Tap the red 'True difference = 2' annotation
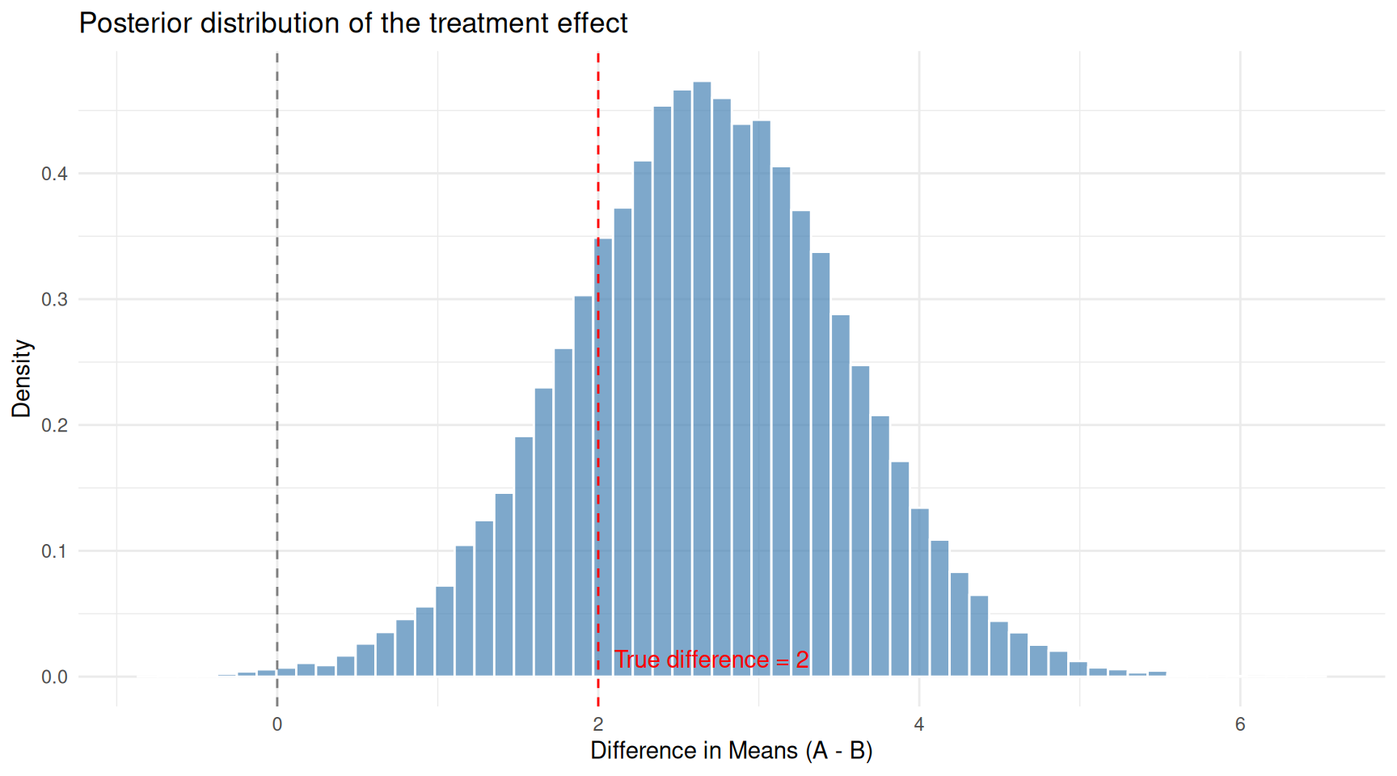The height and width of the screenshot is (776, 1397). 711,660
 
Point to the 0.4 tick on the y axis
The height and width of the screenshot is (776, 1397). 54,174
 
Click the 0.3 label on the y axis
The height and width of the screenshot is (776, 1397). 54,300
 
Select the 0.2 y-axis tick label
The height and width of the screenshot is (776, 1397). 54,425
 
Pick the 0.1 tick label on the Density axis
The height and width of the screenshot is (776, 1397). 54,551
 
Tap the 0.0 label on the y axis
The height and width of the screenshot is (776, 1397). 54,677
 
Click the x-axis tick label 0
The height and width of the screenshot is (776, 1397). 277,724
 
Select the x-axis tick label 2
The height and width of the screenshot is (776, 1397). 598,724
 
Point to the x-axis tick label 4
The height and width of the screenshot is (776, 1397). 919,724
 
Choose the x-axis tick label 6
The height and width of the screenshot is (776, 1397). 1240,724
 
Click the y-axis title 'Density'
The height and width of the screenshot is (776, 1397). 22,378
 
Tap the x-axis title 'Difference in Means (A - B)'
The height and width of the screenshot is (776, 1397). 731,751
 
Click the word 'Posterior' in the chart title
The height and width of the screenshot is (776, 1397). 135,23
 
